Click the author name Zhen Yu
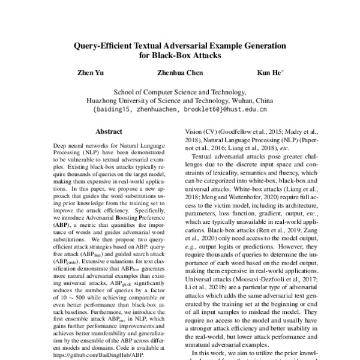pyautogui.click(x=87, y=73)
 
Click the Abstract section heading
pyautogui.click(x=109, y=130)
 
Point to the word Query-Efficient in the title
pyautogui.click(x=107, y=45)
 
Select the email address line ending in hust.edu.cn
pyautogui.click(x=179, y=110)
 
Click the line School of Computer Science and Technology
pyautogui.click(x=179, y=92)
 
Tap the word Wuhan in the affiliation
pyautogui.click(x=242, y=101)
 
